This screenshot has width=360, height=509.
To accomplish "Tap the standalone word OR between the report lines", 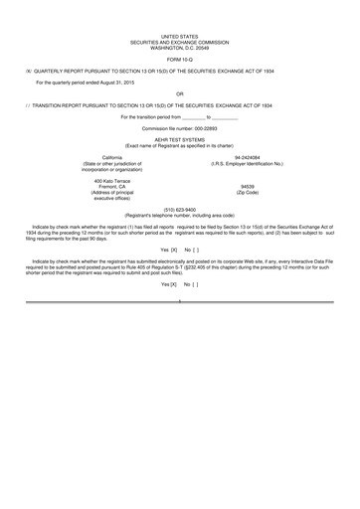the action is [x=180, y=94].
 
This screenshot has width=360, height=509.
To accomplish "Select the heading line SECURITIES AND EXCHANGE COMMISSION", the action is [x=180, y=41].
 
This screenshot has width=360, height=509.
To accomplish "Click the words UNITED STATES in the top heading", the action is [x=180, y=35].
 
